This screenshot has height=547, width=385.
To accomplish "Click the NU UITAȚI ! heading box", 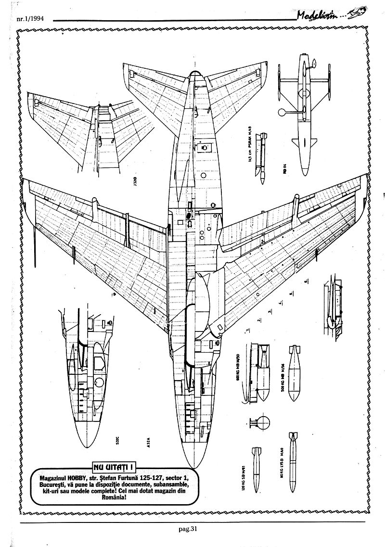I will point(112,466).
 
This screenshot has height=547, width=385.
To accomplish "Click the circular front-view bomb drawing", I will point(264,422).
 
